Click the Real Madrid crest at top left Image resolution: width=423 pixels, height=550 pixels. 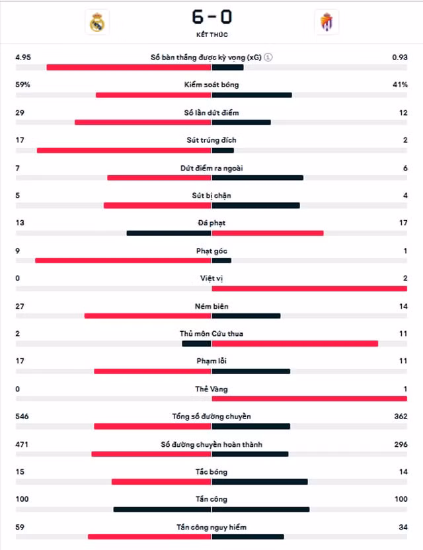coord(97,22)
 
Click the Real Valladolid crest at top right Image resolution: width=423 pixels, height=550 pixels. coord(327,22)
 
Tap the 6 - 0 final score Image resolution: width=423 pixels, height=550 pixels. coord(212,17)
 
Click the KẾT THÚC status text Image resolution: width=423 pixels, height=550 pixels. coord(212,35)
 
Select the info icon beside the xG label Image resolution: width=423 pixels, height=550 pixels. coord(268,57)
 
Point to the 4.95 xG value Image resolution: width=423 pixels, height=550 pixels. coord(23,57)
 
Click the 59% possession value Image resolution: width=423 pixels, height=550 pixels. coord(22,85)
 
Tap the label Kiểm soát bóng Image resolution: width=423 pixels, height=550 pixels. coord(211,85)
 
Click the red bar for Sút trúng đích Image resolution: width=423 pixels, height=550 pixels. coord(124,151)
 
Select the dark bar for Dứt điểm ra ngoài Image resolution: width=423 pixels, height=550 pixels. coord(258,178)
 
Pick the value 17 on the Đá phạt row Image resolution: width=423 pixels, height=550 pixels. coord(403,223)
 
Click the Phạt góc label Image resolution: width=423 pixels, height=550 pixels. coord(211,251)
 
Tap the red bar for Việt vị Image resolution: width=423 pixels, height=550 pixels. coord(309,289)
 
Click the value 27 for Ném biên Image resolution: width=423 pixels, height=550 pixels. coord(20,306)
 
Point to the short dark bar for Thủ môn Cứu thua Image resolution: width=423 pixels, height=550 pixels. coord(196,344)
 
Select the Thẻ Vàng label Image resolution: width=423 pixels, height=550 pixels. coord(211,389)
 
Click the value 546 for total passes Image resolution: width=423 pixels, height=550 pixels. coord(22,416)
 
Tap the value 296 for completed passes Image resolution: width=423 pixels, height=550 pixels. coord(401,444)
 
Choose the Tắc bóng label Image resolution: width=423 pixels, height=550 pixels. coord(211,472)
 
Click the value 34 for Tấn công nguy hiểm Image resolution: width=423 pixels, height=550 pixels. coord(403,528)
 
